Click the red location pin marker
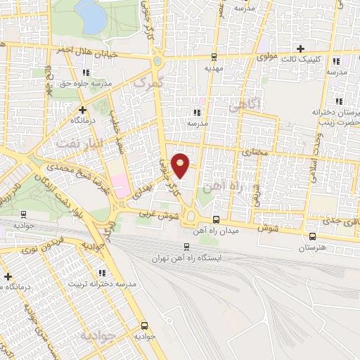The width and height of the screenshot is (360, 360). pyautogui.click(x=181, y=164)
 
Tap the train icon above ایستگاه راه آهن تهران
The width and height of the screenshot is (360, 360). pyautogui.click(x=186, y=246)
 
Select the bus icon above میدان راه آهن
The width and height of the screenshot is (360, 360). pyautogui.click(x=215, y=219)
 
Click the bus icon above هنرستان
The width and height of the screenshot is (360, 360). pyautogui.click(x=311, y=237)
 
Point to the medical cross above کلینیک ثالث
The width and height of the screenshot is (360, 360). pyautogui.click(x=301, y=49)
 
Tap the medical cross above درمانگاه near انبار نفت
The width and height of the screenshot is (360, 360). pyautogui.click(x=82, y=109)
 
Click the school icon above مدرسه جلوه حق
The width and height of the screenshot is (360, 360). pyautogui.click(x=85, y=72)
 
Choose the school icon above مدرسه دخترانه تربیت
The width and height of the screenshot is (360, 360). pyautogui.click(x=103, y=273)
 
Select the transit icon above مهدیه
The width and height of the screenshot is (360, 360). pyautogui.click(x=214, y=57)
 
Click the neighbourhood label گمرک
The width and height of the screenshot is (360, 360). pyautogui.click(x=148, y=82)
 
